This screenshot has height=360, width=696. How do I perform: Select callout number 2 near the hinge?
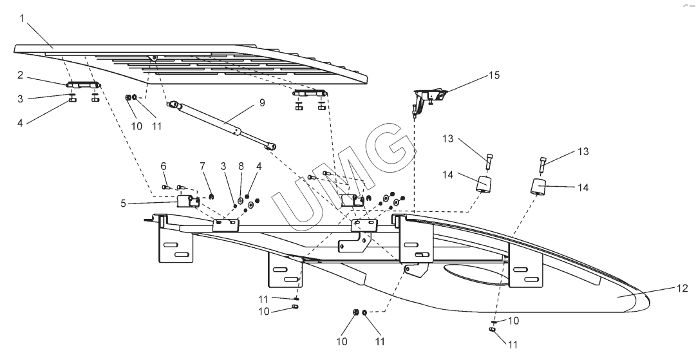pyautogui.click(x=21, y=75)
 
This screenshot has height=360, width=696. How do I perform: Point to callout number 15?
pyautogui.click(x=493, y=75)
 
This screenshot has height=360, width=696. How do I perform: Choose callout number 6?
pyautogui.click(x=164, y=167)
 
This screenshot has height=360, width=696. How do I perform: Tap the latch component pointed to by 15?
pyautogui.click(x=428, y=97)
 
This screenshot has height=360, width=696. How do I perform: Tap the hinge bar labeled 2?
pyautogui.click(x=83, y=84)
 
